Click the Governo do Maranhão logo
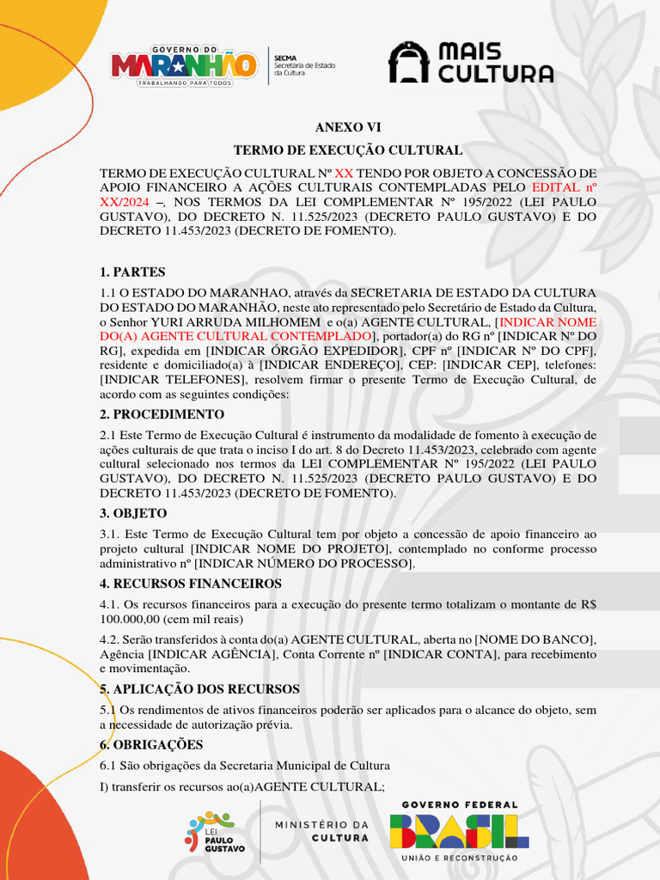184,64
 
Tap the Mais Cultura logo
471,64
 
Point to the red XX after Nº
344,173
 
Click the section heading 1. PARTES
132,272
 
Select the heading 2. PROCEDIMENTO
162,414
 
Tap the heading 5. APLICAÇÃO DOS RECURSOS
199,689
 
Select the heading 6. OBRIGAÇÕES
152,744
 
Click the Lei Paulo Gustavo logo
215,832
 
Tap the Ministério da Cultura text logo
322,831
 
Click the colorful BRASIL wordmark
459,831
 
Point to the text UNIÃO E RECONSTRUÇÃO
459,858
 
